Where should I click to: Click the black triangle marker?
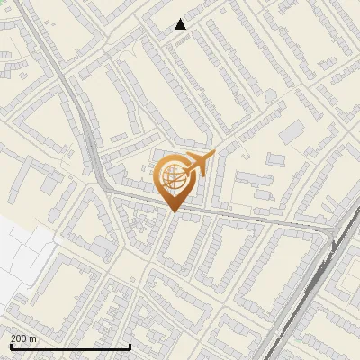tap(181, 24)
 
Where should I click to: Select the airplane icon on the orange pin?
tap(198, 165)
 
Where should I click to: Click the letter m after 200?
tap(33, 337)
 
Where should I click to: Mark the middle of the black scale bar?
tap(70, 346)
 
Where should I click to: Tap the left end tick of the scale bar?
tap(11, 346)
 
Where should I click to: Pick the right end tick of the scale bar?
tap(130, 346)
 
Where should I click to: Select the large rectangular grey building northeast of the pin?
tap(292, 133)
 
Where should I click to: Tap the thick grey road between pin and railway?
tap(261, 220)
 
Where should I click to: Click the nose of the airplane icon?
tap(213, 157)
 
